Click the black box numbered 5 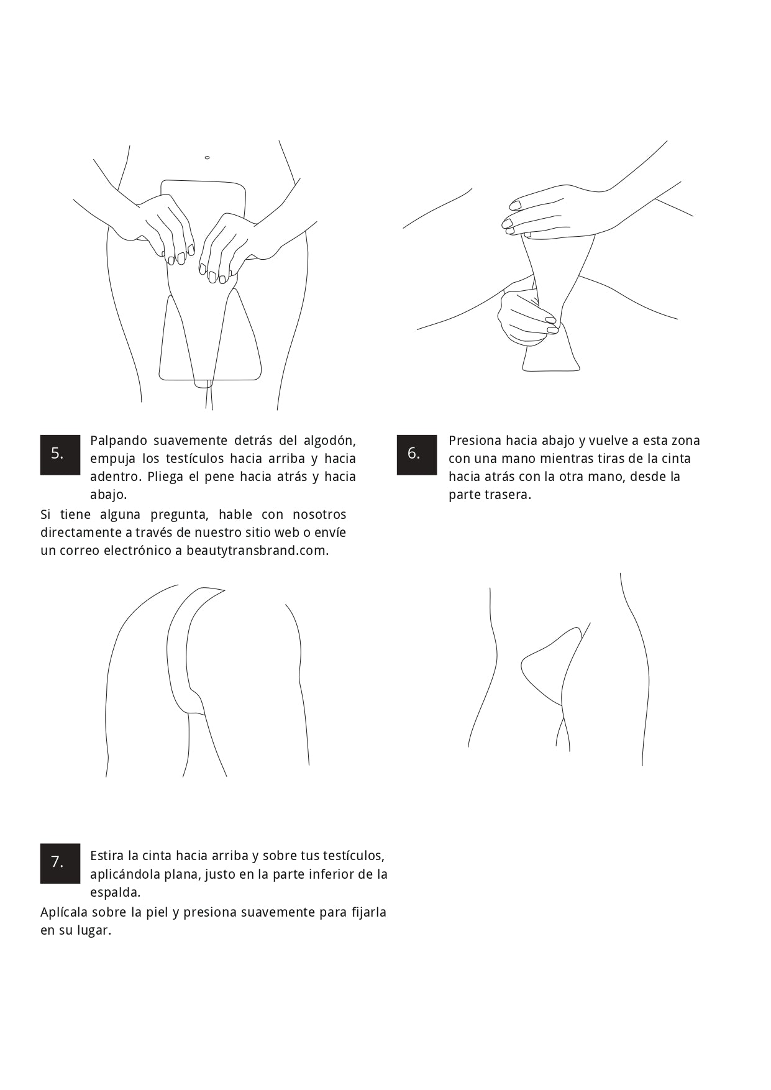click(60, 454)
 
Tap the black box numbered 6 click(417, 454)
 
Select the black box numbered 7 click(60, 863)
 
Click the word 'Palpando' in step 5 click(119, 441)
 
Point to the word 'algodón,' click(330, 441)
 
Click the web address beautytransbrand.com click(258, 551)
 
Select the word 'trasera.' click(508, 495)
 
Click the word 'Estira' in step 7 click(107, 856)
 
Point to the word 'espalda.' click(116, 893)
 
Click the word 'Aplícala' click(64, 912)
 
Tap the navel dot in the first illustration click(207, 158)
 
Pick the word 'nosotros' click(319, 515)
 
